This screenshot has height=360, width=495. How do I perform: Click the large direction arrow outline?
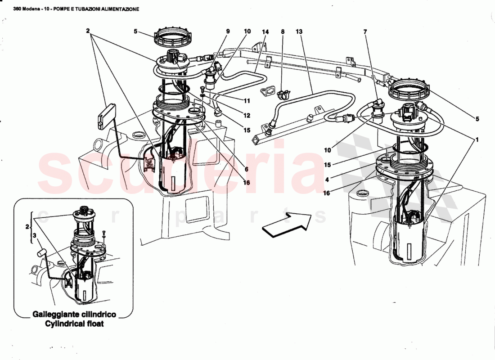click(286, 224)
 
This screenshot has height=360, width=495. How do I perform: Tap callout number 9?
click(228, 31)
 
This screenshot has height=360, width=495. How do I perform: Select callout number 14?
click(265, 32)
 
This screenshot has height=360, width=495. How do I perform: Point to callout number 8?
click(283, 32)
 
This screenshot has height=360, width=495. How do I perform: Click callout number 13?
click(299, 32)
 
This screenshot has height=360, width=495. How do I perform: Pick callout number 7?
click(365, 32)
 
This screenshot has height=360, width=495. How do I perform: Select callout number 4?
click(328, 179)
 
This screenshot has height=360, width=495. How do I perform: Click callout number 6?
click(246, 170)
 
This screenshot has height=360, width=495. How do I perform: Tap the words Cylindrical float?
click(74, 324)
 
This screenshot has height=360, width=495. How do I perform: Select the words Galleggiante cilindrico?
click(74, 314)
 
